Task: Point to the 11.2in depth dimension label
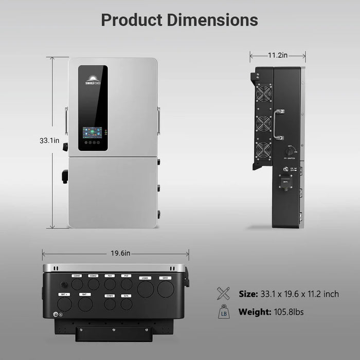click(278, 56)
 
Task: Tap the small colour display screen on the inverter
click(93, 132)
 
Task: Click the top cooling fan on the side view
click(264, 95)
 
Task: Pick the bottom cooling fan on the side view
click(264, 151)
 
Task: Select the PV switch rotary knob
click(291, 152)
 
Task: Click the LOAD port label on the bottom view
click(144, 278)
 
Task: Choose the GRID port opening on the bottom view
click(165, 289)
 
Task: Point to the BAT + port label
click(64, 294)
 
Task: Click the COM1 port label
click(77, 276)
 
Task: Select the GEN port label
click(126, 296)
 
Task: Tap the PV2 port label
click(126, 276)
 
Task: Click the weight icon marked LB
click(224, 312)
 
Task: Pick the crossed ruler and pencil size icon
click(224, 294)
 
